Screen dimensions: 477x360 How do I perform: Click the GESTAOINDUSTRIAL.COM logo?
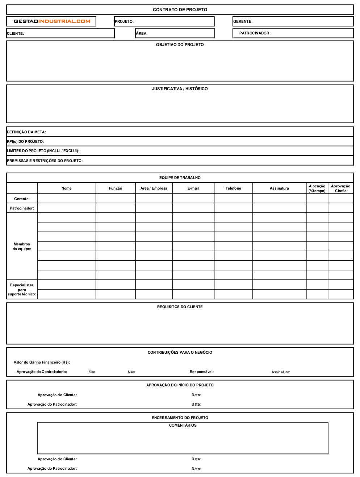(52, 21)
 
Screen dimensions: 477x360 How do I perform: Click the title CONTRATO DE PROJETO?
(180, 10)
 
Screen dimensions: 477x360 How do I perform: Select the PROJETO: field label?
(124, 21)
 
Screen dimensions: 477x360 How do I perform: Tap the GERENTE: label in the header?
(243, 21)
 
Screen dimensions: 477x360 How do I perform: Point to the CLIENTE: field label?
(15, 33)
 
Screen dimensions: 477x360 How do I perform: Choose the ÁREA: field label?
(142, 33)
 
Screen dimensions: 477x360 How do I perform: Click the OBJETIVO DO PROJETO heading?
(180, 45)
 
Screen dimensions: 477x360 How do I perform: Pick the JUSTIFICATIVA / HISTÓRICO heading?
(180, 89)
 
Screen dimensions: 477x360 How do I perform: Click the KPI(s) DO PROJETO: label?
(25, 141)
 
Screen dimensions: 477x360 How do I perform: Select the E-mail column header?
(193, 188)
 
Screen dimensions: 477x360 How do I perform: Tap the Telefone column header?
(233, 188)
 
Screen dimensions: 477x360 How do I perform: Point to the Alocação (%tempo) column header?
(317, 188)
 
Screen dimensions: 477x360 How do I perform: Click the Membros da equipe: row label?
(22, 246)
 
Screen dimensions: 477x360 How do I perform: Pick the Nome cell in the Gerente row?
(67, 198)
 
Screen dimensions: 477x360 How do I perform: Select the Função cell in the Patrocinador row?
(116, 208)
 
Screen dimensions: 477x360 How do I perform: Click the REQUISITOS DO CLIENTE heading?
(180, 307)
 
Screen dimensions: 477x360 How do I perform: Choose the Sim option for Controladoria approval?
(92, 372)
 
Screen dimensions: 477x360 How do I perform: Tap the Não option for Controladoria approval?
(131, 372)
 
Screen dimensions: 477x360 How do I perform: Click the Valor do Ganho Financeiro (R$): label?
(42, 362)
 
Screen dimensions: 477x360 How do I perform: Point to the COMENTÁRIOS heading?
(183, 425)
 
